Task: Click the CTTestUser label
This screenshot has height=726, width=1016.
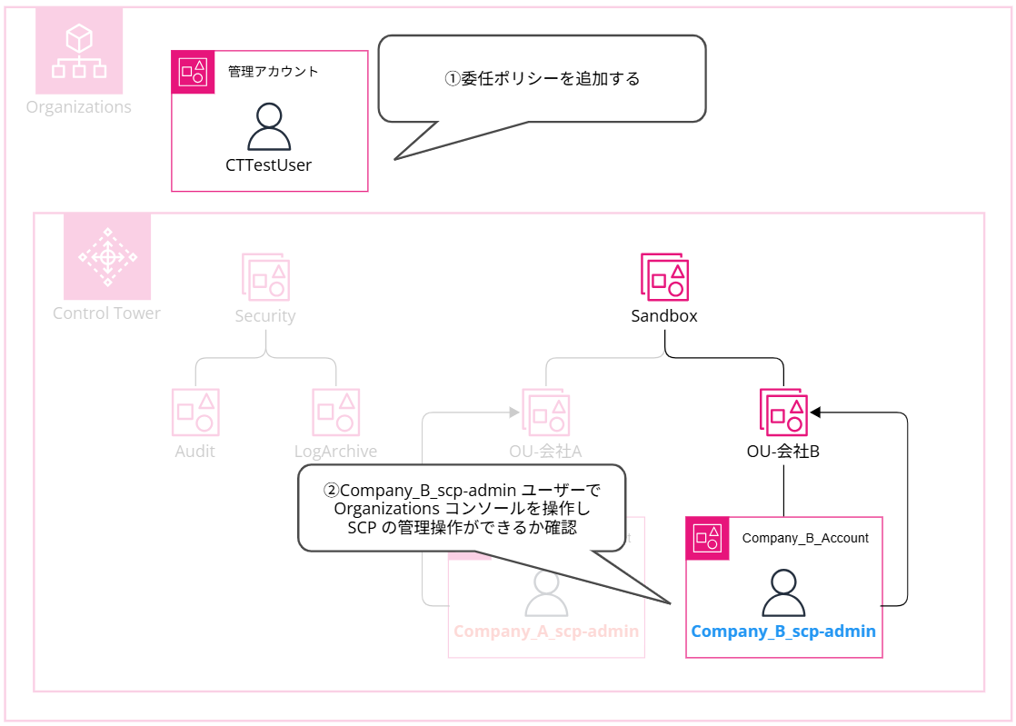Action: point(269,165)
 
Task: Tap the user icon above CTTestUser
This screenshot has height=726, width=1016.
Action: point(269,126)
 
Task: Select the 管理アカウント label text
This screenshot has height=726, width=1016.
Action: point(274,71)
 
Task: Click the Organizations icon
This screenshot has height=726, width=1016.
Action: point(79,51)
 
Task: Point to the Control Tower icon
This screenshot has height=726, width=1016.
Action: point(107,256)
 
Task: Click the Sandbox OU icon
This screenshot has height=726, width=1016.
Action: point(664,276)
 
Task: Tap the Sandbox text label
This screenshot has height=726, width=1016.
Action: point(664,316)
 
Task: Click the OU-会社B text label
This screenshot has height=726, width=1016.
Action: point(783,451)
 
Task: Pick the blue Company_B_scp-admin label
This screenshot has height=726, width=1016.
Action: point(783,632)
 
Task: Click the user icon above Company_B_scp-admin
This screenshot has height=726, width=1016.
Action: point(783,593)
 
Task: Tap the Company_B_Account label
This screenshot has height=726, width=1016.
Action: point(805,538)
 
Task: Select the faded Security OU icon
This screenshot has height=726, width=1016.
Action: point(265,276)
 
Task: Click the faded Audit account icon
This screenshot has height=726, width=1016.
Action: point(195,412)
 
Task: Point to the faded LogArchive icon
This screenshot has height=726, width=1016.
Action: point(335,412)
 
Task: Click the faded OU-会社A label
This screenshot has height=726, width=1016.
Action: point(545,451)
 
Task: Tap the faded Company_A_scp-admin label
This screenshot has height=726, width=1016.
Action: point(546,632)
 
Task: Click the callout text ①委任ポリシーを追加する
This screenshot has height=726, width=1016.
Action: point(542,79)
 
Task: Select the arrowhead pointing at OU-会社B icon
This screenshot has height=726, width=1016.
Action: point(816,413)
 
